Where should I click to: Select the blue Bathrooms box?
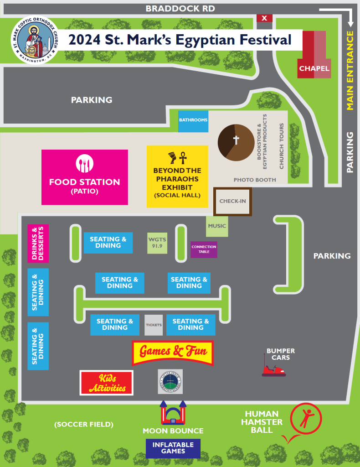(x=193, y=121)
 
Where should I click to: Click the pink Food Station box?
(x=84, y=177)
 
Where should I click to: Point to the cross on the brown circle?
(x=236, y=140)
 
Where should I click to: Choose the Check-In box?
(x=232, y=201)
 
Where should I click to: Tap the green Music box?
(x=217, y=226)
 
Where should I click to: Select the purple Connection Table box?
(x=204, y=249)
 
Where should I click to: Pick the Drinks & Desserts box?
(x=38, y=244)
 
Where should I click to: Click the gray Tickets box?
(x=154, y=325)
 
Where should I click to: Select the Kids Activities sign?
(x=106, y=383)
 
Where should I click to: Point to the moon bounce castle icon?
(x=173, y=413)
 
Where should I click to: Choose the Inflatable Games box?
(x=173, y=448)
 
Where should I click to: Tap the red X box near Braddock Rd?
(x=264, y=18)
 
